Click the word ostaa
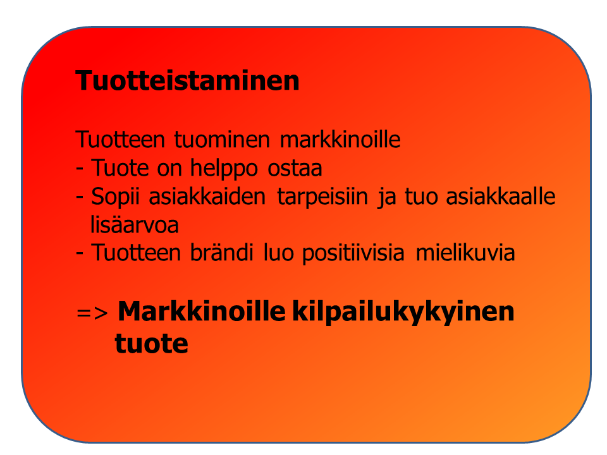pyautogui.click(x=295, y=169)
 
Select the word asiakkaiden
pyautogui.click(x=207, y=196)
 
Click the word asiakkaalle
pyautogui.click(x=501, y=196)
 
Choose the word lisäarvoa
pyautogui.click(x=134, y=224)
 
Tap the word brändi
pyautogui.click(x=221, y=253)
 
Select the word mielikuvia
pyautogui.click(x=465, y=253)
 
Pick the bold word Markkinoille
pyautogui.click(x=201, y=311)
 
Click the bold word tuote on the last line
pyautogui.click(x=151, y=344)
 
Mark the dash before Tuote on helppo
pyautogui.click(x=80, y=169)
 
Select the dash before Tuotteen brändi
pyautogui.click(x=80, y=253)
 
